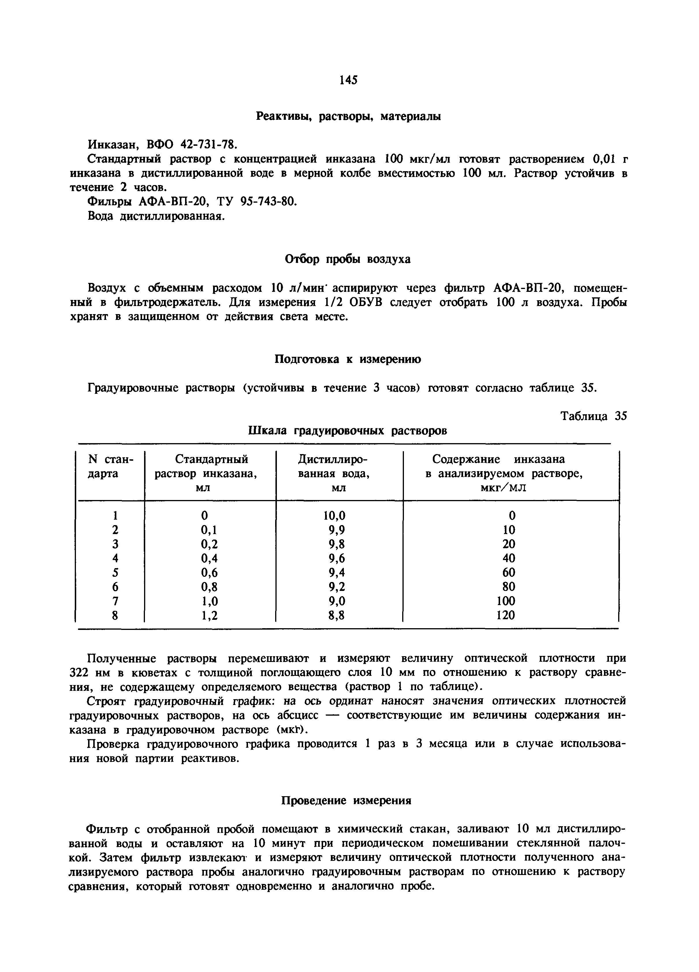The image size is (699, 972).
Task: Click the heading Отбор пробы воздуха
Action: point(348,259)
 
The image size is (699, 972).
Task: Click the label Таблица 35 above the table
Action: point(594,416)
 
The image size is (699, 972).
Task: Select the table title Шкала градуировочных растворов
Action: point(348,431)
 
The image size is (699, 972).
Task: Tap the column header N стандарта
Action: point(111,466)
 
